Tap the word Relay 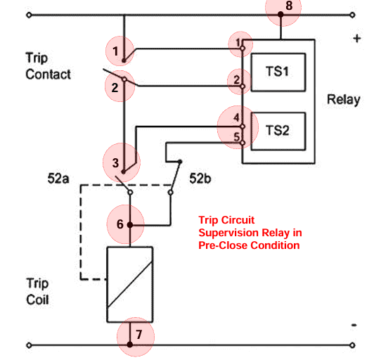coord(343,100)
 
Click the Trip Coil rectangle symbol coord(130,283)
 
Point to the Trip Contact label coord(48,66)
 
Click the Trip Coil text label coord(38,291)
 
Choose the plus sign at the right coord(356,39)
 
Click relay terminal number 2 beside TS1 coord(238,80)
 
